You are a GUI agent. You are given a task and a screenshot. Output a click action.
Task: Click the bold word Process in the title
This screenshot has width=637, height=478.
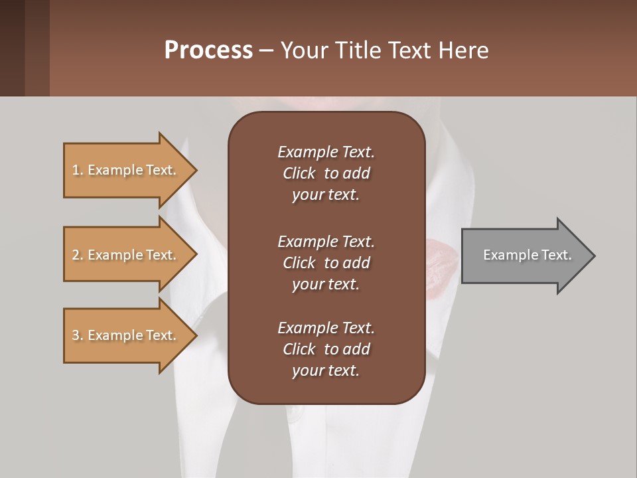pyautogui.click(x=208, y=50)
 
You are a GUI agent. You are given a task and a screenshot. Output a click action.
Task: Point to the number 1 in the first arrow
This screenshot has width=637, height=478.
pyautogui.click(x=76, y=170)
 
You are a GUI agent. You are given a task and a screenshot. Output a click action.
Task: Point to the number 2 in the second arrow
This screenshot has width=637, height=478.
pyautogui.click(x=76, y=255)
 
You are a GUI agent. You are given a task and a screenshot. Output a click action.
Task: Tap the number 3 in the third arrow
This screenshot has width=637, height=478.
pyautogui.click(x=76, y=335)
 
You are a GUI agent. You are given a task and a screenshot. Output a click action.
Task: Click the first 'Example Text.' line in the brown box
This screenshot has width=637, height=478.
pyautogui.click(x=326, y=152)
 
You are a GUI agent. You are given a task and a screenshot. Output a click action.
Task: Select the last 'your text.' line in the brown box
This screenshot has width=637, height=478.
pyautogui.click(x=326, y=370)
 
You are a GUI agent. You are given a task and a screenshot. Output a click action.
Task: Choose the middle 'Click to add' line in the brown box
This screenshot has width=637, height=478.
pyautogui.click(x=326, y=263)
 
